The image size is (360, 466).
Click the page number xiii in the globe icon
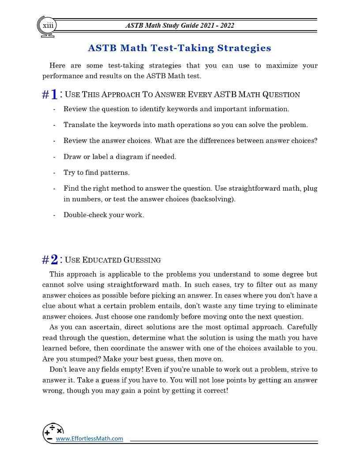47,26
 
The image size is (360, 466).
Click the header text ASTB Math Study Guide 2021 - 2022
180,25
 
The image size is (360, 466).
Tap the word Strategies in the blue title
241,48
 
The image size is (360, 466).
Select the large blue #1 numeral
50,94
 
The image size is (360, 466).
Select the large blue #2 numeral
50,259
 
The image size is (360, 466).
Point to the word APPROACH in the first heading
118,95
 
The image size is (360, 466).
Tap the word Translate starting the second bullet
79,125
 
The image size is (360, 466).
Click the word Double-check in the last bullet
83,215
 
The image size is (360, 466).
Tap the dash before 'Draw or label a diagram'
54,157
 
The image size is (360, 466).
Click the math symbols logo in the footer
53,432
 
